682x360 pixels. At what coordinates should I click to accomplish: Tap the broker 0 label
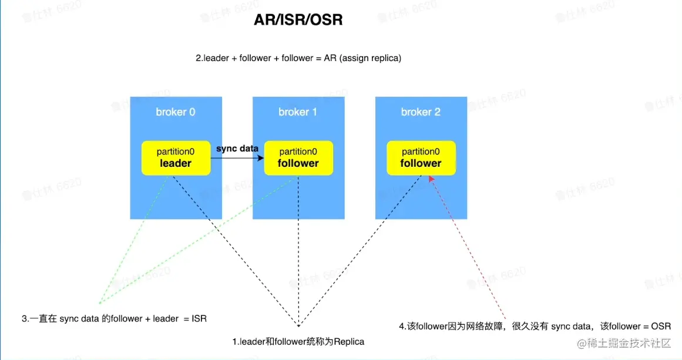pos(175,112)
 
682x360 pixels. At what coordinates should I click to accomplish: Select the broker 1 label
pos(298,112)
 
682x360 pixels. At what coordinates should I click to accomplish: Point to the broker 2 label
pos(421,112)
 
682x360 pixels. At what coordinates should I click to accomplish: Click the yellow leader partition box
pos(176,158)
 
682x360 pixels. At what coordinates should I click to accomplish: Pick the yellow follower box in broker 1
pos(298,158)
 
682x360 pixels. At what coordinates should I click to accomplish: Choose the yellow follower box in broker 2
pos(421,158)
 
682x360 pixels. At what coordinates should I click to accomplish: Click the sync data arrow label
pos(237,149)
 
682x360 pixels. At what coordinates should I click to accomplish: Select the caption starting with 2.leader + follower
pos(298,59)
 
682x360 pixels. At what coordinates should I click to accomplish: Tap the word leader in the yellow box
pos(176,163)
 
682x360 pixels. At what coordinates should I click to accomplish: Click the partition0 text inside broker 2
pos(421,152)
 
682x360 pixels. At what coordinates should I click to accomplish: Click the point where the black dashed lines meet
pos(298,325)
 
